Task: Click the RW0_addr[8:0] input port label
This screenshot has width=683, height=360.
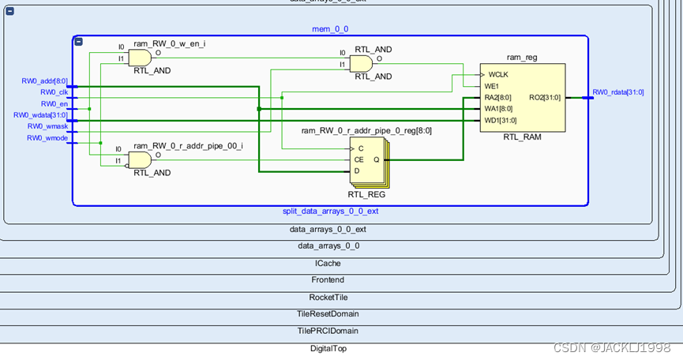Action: click(x=44, y=81)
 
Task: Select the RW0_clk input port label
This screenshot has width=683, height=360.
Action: click(x=54, y=92)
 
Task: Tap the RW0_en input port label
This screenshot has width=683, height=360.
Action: click(x=54, y=103)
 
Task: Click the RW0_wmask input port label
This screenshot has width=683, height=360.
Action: click(x=47, y=126)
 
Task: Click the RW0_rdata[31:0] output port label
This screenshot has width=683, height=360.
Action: click(x=618, y=92)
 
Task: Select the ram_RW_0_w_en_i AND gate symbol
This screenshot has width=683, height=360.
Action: click(x=140, y=58)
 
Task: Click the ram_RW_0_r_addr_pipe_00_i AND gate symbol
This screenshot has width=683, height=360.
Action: click(x=140, y=160)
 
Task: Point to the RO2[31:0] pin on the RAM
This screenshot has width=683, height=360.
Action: click(x=545, y=98)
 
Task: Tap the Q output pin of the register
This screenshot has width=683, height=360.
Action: click(x=376, y=159)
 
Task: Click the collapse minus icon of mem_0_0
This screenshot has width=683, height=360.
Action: click(x=79, y=41)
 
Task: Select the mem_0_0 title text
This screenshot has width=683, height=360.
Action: click(x=330, y=29)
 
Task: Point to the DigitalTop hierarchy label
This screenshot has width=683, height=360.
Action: click(x=328, y=348)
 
